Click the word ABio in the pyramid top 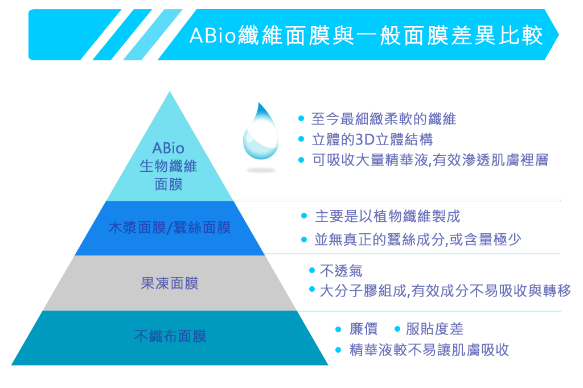point(169,148)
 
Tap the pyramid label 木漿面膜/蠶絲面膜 point(170,228)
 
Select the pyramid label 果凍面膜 point(170,283)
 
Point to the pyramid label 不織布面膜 point(170,336)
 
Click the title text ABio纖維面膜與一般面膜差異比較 point(366,35)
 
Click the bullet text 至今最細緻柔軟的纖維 point(384,119)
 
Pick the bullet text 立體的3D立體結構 point(372,140)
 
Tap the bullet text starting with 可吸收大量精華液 point(430,160)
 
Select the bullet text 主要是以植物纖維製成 point(387,216)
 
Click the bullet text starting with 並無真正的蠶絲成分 point(418,240)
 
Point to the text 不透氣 point(341,271)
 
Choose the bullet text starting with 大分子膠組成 point(445,291)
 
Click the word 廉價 point(364,329)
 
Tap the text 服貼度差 point(434,329)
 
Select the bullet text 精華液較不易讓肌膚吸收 point(429,350)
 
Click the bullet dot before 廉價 point(338,329)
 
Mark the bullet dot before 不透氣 point(312,270)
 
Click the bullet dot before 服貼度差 point(397,329)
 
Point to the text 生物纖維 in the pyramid point(169,166)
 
